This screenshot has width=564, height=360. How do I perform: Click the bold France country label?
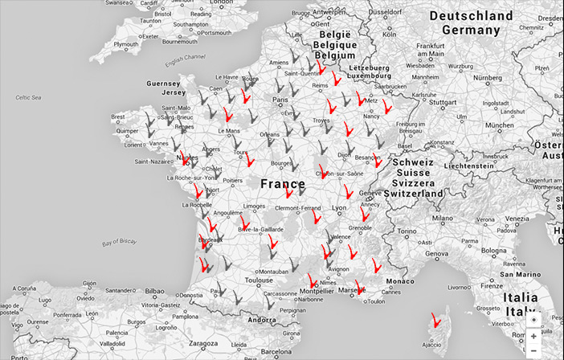click(282, 184)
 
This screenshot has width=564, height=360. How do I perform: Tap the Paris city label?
click(280, 100)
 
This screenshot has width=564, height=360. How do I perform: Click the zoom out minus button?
click(534, 350)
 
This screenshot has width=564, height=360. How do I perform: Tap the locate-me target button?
click(534, 319)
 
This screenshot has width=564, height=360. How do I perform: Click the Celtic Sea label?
click(28, 97)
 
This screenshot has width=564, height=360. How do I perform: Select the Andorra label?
click(262, 320)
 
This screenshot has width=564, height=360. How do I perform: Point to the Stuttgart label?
click(442, 103)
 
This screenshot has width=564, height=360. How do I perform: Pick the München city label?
click(499, 125)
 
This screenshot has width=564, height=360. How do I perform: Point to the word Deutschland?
click(470, 16)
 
